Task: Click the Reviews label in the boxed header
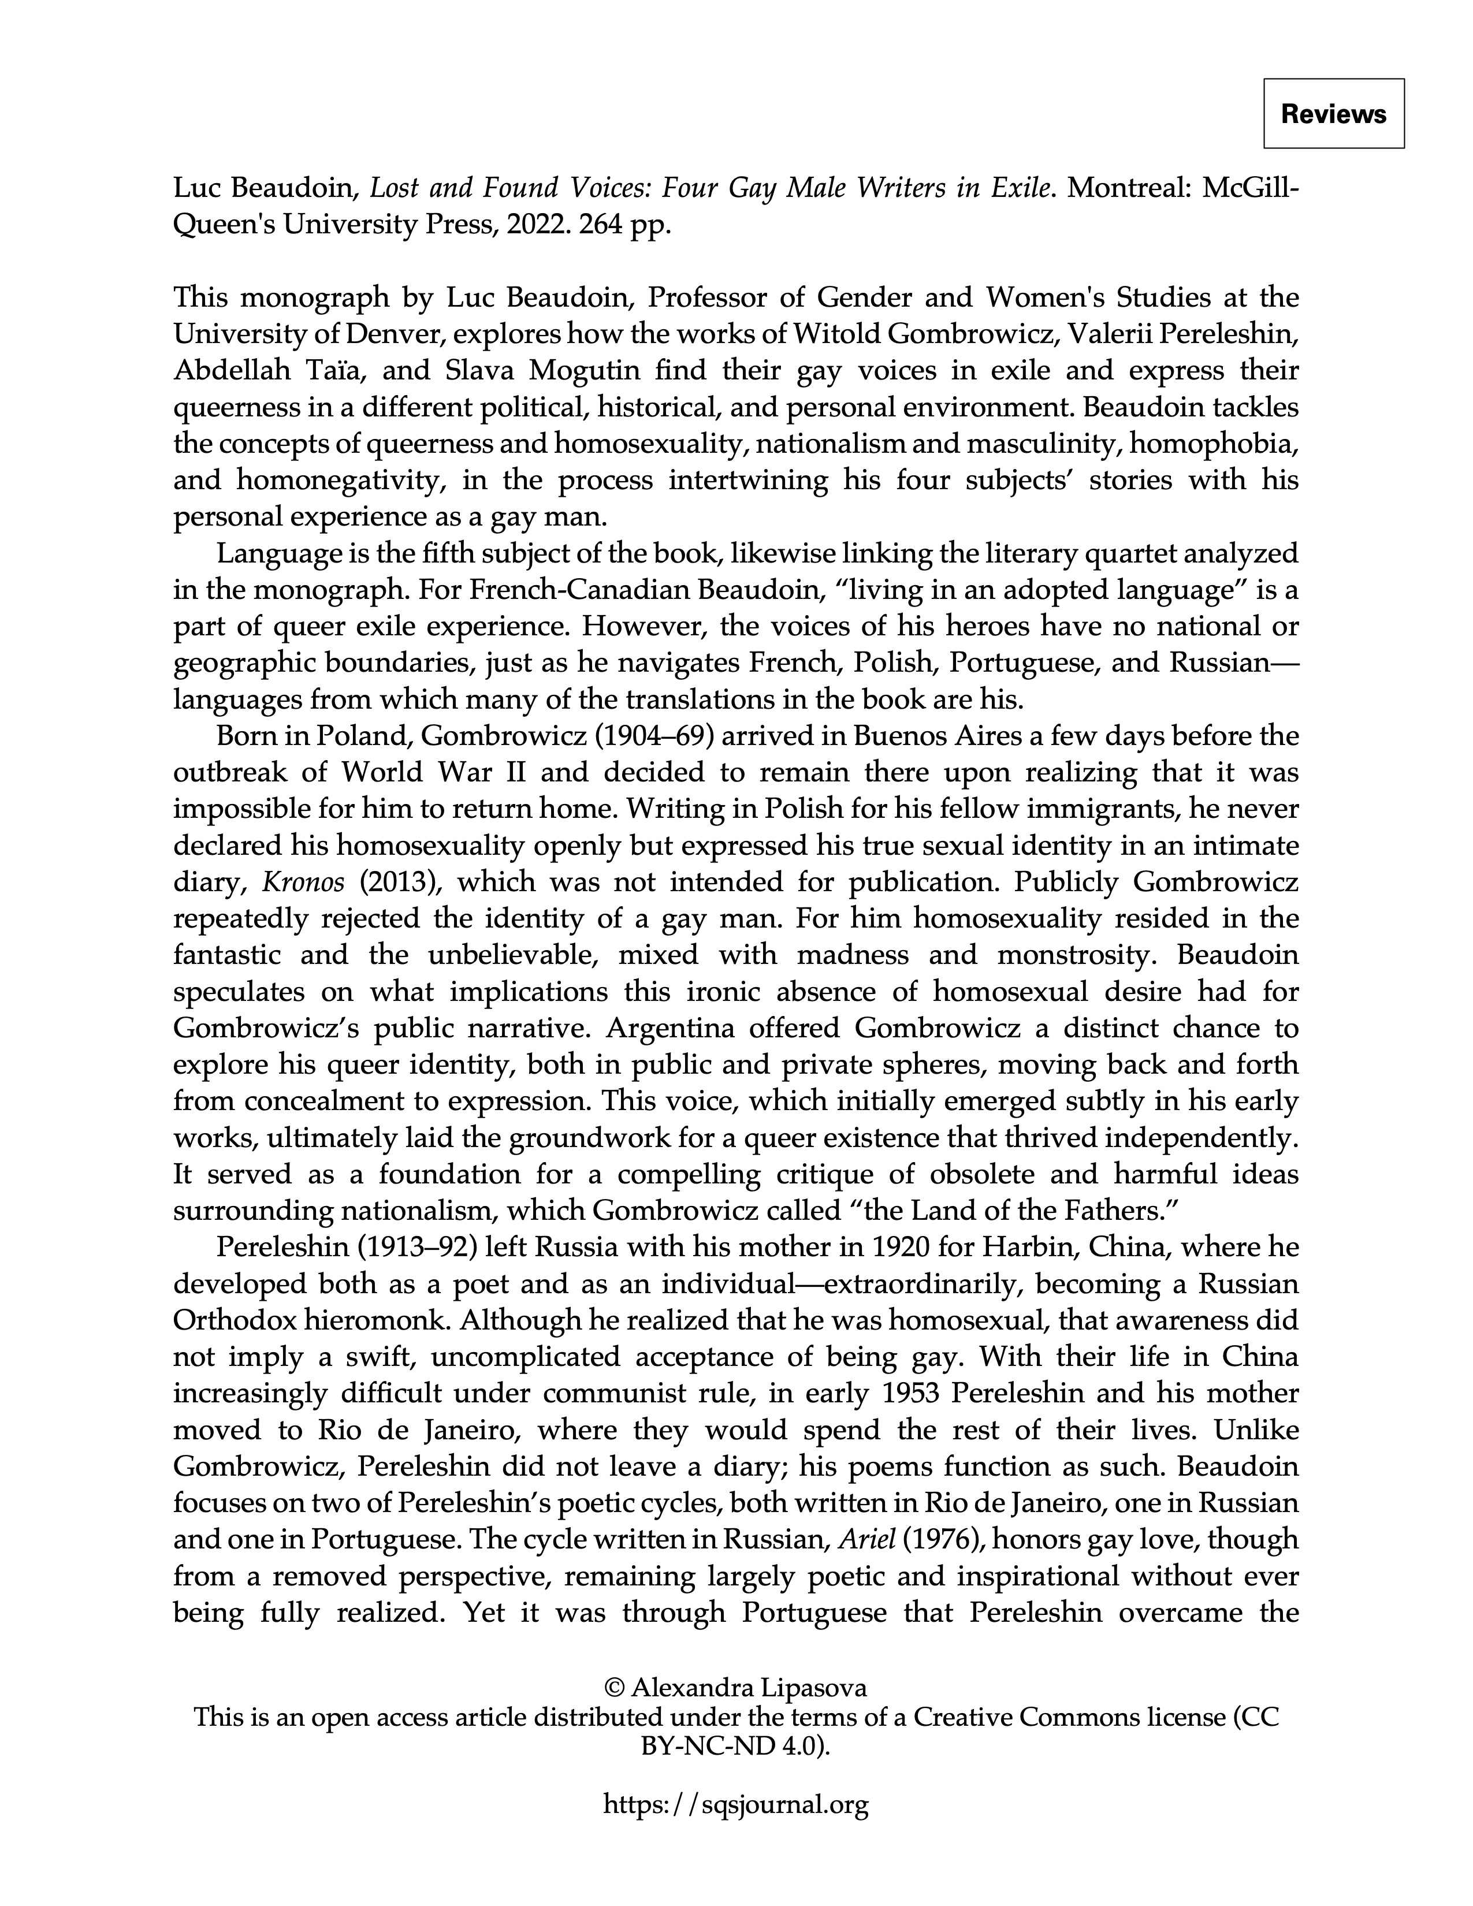tap(1333, 114)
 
